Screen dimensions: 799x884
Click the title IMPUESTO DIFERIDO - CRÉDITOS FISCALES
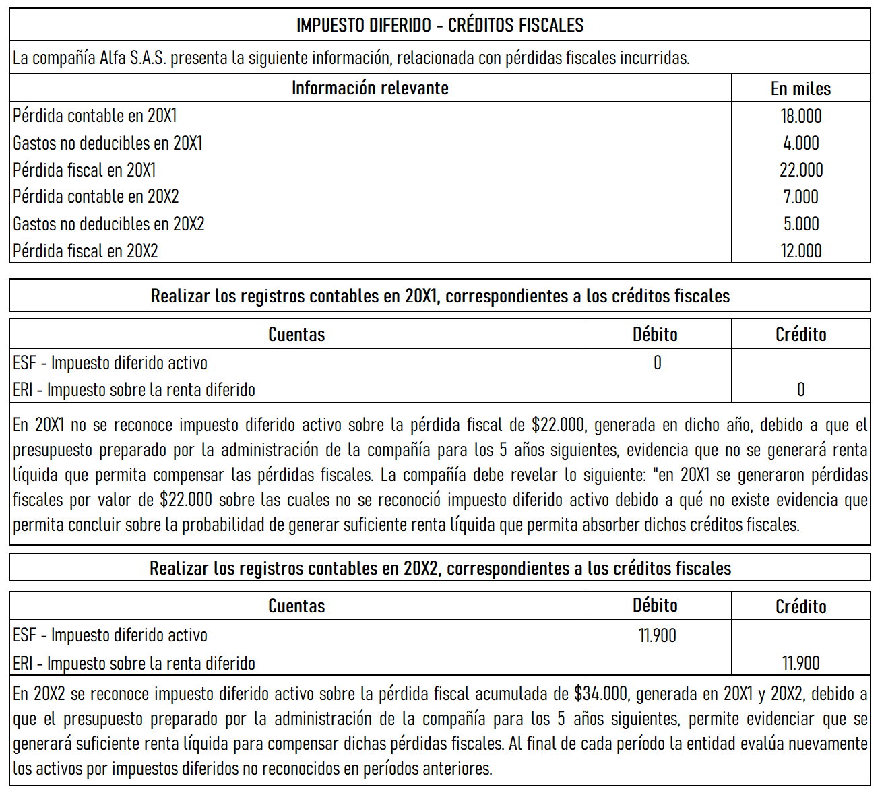click(x=440, y=25)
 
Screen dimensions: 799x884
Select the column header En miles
click(x=800, y=88)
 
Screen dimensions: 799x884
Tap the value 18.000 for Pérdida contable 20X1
click(x=800, y=116)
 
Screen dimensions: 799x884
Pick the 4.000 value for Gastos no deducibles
click(x=800, y=143)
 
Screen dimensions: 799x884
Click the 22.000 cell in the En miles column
click(x=800, y=170)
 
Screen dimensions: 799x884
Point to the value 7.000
click(x=800, y=197)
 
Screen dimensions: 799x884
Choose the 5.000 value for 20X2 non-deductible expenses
click(x=800, y=224)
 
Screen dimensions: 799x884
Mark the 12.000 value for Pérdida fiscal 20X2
click(x=800, y=251)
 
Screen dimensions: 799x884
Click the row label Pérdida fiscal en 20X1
click(x=84, y=170)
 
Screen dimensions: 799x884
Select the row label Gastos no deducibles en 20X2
click(x=108, y=224)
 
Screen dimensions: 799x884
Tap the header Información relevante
click(x=370, y=88)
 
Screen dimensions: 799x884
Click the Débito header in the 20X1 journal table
click(x=655, y=334)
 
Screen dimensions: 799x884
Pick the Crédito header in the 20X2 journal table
click(x=800, y=606)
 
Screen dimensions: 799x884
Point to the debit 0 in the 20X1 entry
click(x=658, y=363)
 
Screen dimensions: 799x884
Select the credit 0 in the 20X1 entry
click(x=800, y=389)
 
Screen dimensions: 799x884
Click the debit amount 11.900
click(x=657, y=635)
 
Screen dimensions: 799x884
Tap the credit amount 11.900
click(x=800, y=663)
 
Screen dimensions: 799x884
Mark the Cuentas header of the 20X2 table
click(x=296, y=606)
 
